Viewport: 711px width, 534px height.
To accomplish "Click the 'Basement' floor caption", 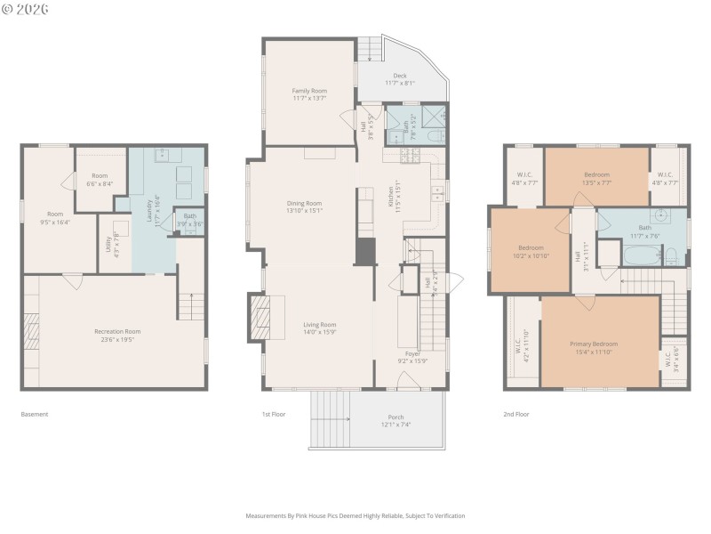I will coord(35,414).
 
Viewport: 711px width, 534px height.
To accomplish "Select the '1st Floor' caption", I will coord(273,414).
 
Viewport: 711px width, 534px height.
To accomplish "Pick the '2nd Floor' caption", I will coord(515,414).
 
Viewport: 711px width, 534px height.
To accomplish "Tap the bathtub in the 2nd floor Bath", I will coord(641,256).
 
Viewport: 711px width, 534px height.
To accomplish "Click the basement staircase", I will coord(191,305).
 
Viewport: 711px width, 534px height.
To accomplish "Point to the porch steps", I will coord(331,421).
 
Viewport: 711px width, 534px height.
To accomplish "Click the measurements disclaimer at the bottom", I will coord(355,515).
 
